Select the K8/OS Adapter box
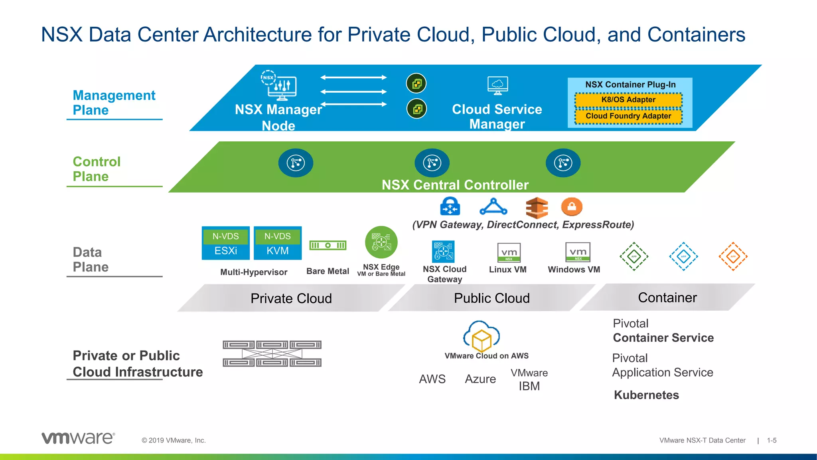(628, 100)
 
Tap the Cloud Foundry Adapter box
(628, 116)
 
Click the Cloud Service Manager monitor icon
(497, 85)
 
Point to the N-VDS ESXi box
(226, 243)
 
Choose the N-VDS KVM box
(278, 243)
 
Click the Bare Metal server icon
(328, 245)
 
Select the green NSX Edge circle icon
(381, 242)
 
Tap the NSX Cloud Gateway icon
(444, 252)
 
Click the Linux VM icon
(509, 252)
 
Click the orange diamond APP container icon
(733, 256)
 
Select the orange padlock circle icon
(572, 207)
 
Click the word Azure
(480, 379)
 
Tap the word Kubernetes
(646, 395)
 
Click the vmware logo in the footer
(78, 438)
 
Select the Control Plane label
(97, 169)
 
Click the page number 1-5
(772, 440)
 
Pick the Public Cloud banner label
(491, 298)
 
